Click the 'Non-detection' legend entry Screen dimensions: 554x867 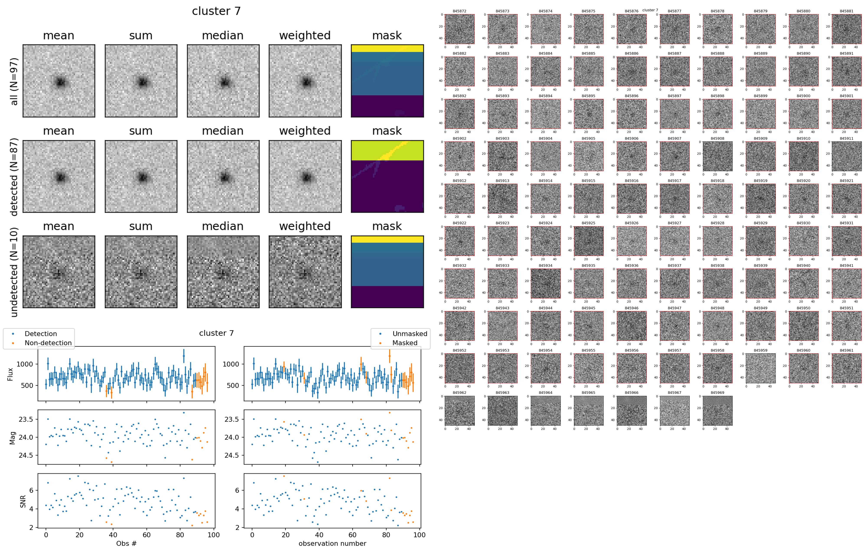point(48,343)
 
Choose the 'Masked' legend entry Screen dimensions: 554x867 point(405,343)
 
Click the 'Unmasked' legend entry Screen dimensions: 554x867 point(410,334)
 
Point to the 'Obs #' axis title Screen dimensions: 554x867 point(126,543)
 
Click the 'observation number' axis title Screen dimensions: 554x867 point(332,543)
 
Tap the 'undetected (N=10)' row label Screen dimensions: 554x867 point(14,272)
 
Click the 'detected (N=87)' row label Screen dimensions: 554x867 point(14,177)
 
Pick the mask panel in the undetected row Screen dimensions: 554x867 point(387,272)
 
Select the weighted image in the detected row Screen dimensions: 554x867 point(305,177)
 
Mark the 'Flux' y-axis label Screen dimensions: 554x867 point(10,374)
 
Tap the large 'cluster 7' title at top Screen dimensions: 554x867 point(216,11)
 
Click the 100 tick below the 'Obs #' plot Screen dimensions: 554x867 point(214,535)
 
